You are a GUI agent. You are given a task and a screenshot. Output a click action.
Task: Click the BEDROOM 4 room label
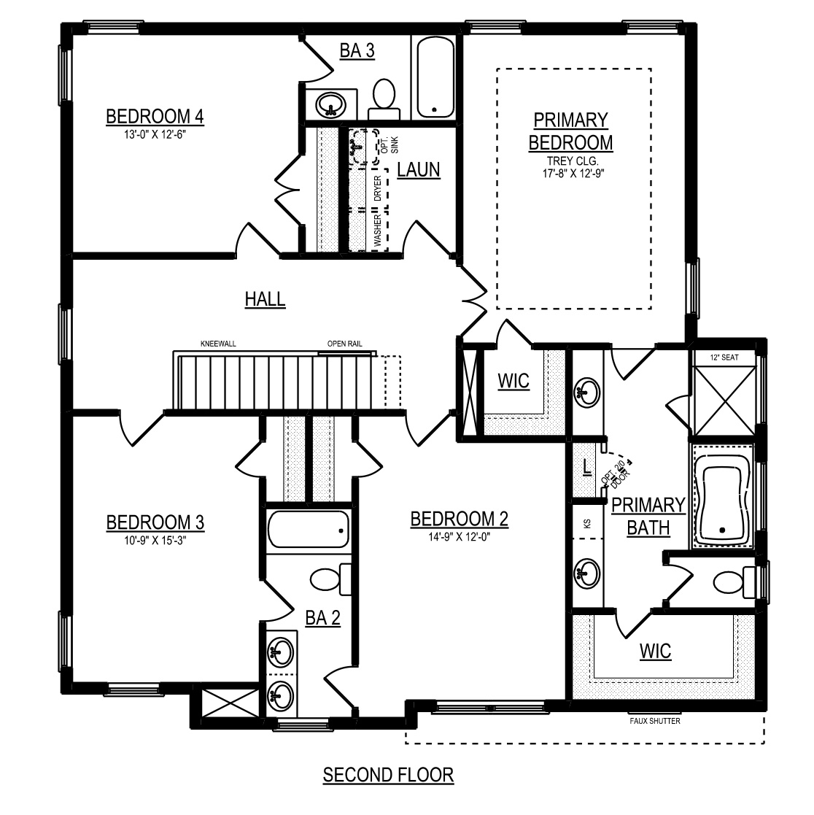click(155, 117)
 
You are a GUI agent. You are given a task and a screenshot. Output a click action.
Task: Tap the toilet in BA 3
click(384, 100)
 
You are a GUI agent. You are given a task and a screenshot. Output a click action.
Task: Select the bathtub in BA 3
click(435, 77)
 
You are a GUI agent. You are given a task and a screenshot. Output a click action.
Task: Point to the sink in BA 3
click(330, 104)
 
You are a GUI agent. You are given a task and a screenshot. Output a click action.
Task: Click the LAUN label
click(419, 170)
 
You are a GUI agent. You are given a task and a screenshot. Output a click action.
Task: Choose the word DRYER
click(378, 188)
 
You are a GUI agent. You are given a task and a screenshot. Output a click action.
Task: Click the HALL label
click(265, 299)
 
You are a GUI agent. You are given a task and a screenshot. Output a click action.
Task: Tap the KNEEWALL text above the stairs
click(218, 344)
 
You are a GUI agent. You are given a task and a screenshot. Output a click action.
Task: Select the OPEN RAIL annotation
click(345, 344)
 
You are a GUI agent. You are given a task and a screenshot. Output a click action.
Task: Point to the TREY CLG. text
click(573, 161)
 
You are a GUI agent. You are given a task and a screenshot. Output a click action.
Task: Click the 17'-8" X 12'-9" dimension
click(573, 174)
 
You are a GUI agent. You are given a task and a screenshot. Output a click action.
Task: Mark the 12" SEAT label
click(725, 357)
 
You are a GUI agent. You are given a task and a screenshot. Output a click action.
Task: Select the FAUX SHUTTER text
click(655, 721)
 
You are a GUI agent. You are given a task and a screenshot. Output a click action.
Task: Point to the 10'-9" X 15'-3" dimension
click(155, 540)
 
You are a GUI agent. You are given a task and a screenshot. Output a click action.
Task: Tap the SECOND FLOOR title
click(389, 775)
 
